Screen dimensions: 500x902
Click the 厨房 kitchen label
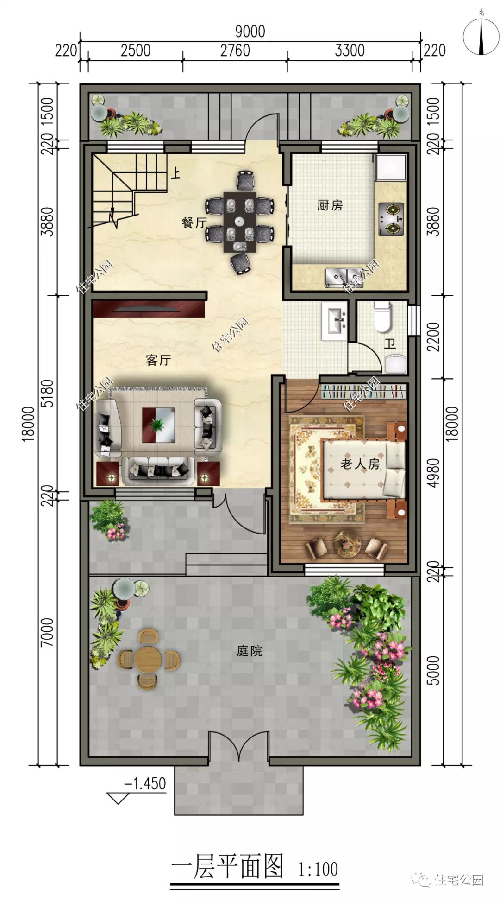pyautogui.click(x=330, y=205)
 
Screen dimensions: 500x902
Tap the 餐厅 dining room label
pyautogui.click(x=194, y=222)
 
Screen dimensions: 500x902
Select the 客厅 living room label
pyautogui.click(x=158, y=360)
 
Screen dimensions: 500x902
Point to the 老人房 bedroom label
pyautogui.click(x=360, y=464)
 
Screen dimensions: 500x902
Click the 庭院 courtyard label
pyautogui.click(x=250, y=651)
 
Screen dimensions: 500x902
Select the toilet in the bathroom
pyautogui.click(x=382, y=317)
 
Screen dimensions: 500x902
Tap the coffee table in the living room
pyautogui.click(x=158, y=426)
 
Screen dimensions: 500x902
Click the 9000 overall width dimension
pyautogui.click(x=250, y=32)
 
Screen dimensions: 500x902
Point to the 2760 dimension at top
pyautogui.click(x=235, y=50)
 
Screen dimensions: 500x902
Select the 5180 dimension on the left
pyautogui.click(x=48, y=393)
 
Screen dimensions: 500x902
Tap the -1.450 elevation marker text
pyautogui.click(x=145, y=783)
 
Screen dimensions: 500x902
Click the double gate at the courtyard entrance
pyautogui.click(x=238, y=747)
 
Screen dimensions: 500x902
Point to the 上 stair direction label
pyautogui.click(x=175, y=173)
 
